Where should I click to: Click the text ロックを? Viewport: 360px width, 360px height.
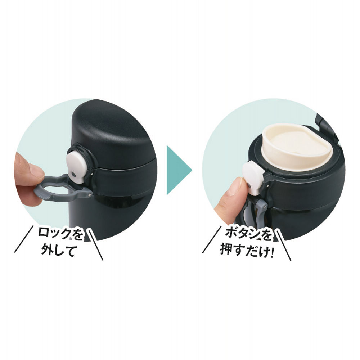click(x=60, y=234)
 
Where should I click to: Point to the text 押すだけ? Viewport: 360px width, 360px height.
click(x=244, y=251)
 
